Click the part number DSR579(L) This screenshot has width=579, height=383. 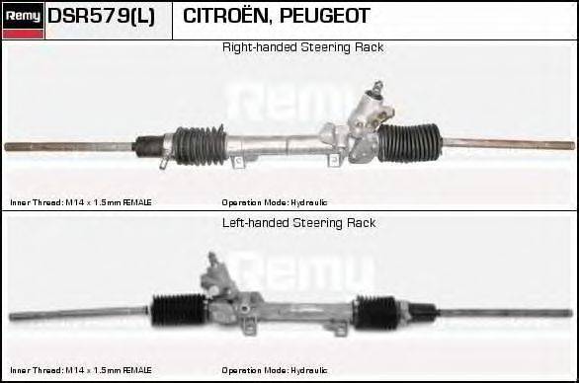pyautogui.click(x=101, y=17)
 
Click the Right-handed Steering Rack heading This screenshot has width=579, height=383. pyautogui.click(x=302, y=47)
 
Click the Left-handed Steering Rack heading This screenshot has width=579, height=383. pyautogui.click(x=298, y=223)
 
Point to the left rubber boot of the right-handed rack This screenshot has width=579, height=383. pyautogui.click(x=202, y=145)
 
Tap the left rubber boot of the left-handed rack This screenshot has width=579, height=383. pyautogui.click(x=178, y=310)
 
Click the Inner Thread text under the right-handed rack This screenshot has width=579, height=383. pyautogui.click(x=81, y=202)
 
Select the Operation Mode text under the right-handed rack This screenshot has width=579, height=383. pyautogui.click(x=275, y=202)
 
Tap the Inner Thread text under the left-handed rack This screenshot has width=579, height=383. pyautogui.click(x=81, y=370)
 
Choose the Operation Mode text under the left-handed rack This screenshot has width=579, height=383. pyautogui.click(x=275, y=370)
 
